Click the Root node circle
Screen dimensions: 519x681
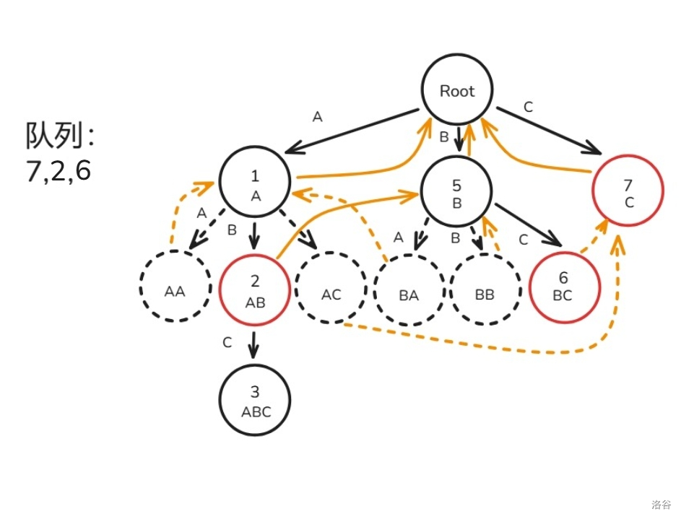[x=457, y=91]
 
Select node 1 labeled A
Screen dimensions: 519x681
[x=254, y=183]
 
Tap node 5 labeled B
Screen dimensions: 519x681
[x=456, y=191]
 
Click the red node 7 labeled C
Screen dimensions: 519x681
[x=628, y=191]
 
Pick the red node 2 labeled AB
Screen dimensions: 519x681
[x=254, y=289]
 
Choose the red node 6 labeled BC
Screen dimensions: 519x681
[x=564, y=287]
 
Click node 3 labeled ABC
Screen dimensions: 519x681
[x=255, y=401]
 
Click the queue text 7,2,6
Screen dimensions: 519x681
[x=58, y=172]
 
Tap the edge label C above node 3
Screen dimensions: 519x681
[x=227, y=342]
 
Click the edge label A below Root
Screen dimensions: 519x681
[x=316, y=116]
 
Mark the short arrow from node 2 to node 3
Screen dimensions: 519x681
[x=253, y=344]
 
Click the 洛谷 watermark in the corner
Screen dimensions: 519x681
[x=660, y=504]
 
